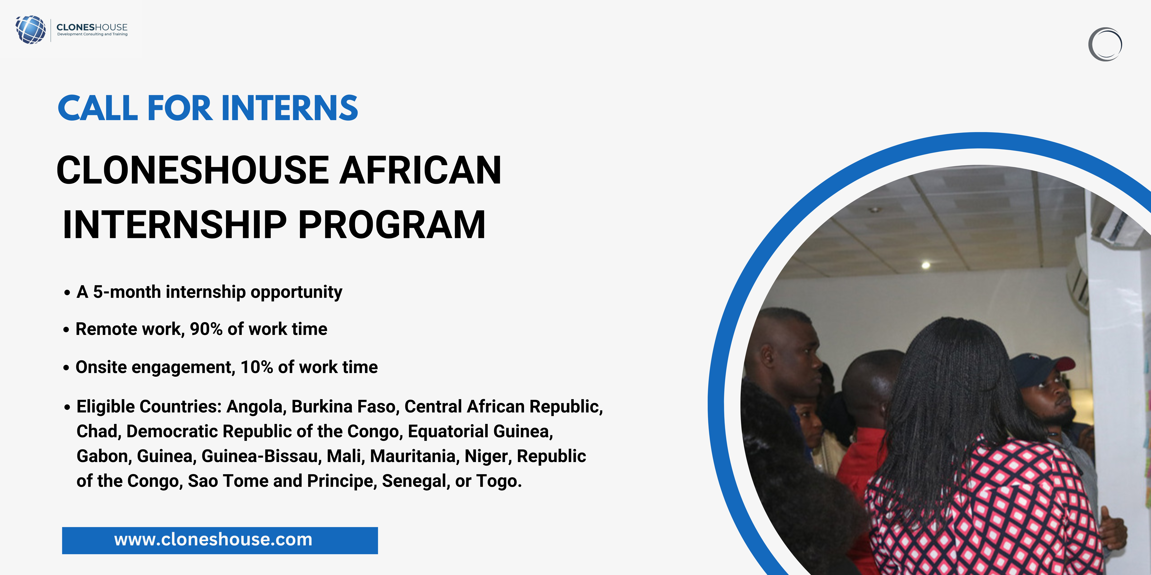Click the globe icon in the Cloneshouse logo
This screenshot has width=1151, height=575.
[30, 29]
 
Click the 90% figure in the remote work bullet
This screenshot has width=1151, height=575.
[206, 329]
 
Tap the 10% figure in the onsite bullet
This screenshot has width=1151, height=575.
[257, 367]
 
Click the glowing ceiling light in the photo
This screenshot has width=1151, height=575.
[926, 265]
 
